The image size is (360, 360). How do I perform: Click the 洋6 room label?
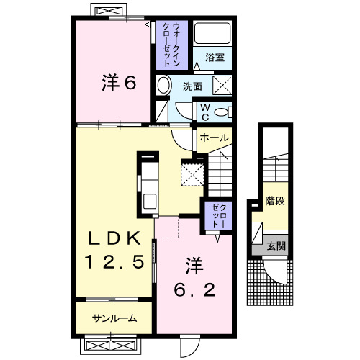[x=119, y=82]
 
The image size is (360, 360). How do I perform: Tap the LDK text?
[x=114, y=238]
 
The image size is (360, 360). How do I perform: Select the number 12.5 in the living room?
[x=114, y=261]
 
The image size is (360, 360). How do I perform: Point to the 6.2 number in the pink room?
[x=194, y=289]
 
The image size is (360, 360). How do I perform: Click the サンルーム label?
[x=114, y=318]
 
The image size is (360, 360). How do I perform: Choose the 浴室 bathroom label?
[x=215, y=58]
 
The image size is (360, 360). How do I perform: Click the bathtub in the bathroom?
[x=212, y=33]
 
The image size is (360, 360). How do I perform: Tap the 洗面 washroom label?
[x=192, y=86]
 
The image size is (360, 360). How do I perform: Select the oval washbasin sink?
[x=165, y=85]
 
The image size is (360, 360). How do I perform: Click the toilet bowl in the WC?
[x=221, y=112]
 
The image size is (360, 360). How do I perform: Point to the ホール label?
[x=214, y=138]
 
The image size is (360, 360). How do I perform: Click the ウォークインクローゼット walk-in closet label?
[x=171, y=45]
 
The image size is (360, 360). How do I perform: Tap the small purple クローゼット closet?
[x=218, y=215]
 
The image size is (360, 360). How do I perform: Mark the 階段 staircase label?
[x=275, y=201]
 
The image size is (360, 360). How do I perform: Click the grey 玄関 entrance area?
[x=270, y=246]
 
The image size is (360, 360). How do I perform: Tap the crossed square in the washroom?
[x=222, y=85]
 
